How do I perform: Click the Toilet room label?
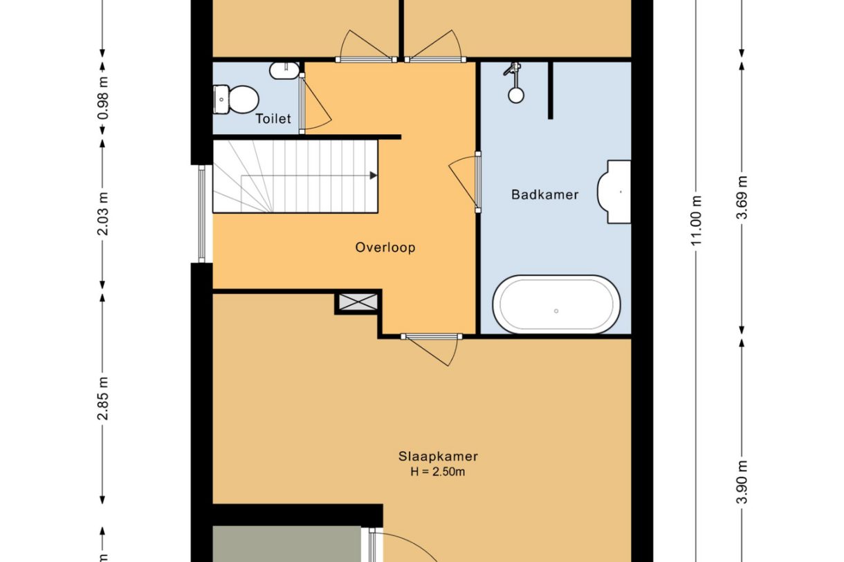click(273, 119)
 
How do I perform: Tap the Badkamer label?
click(545, 195)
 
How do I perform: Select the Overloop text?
click(385, 247)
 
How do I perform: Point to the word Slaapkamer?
click(438, 456)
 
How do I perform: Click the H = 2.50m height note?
click(438, 471)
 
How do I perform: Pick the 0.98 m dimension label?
click(102, 98)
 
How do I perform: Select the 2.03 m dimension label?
click(102, 214)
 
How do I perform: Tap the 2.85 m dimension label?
click(102, 398)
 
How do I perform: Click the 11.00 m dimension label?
click(696, 221)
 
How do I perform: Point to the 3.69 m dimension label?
click(742, 197)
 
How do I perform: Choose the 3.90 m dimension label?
click(742, 482)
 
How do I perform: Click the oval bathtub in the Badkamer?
click(556, 305)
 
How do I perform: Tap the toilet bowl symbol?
click(236, 100)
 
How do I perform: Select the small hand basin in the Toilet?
click(285, 71)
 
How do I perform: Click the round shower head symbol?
click(516, 95)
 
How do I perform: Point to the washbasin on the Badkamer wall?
click(614, 192)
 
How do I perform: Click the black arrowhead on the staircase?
click(373, 176)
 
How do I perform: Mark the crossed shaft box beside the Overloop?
click(358, 302)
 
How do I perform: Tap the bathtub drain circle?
click(556, 311)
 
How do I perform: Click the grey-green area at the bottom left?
click(287, 544)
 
